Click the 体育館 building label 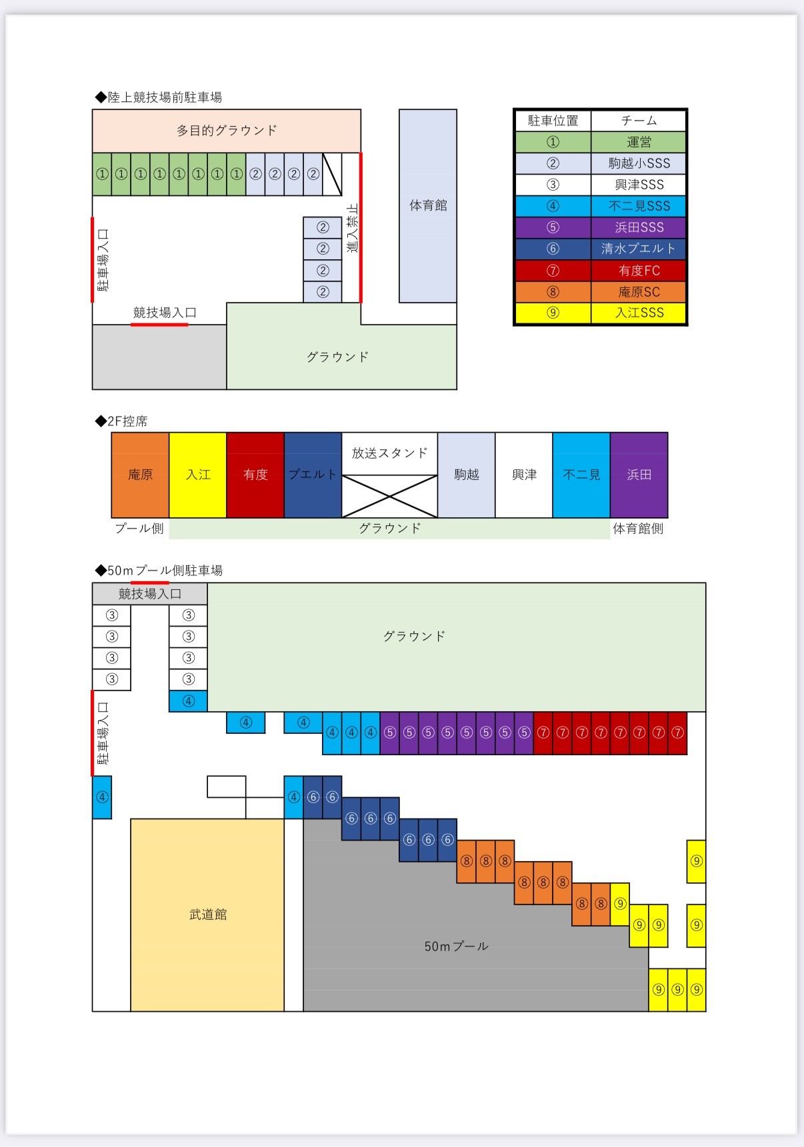[x=428, y=205]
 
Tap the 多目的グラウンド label [x=227, y=131]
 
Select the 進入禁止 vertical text [x=353, y=228]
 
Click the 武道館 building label [x=208, y=914]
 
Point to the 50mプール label [x=456, y=946]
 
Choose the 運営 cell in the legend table [x=639, y=142]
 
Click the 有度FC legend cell [x=639, y=271]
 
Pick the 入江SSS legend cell [x=639, y=313]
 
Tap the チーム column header [x=639, y=121]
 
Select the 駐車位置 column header [x=553, y=121]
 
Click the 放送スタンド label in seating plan [x=389, y=453]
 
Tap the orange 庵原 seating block [x=140, y=475]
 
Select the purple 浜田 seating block [x=639, y=475]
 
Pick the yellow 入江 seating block [x=198, y=475]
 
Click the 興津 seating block [x=524, y=475]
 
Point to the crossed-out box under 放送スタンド [x=389, y=496]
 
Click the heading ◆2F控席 [x=121, y=421]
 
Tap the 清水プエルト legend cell [x=639, y=249]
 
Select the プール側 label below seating [x=139, y=529]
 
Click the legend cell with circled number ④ [x=553, y=206]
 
